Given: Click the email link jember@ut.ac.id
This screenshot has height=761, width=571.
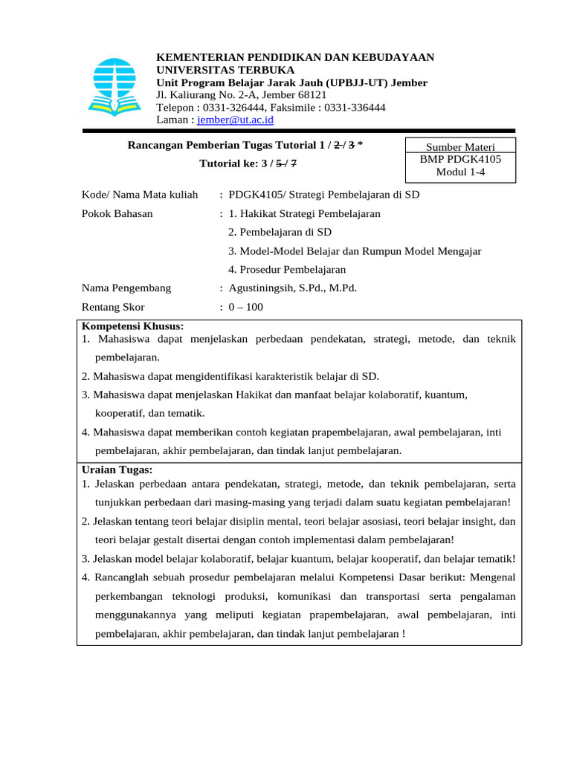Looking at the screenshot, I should (x=236, y=119).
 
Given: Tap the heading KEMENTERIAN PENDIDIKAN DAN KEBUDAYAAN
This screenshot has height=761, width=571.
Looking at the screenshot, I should (x=295, y=58).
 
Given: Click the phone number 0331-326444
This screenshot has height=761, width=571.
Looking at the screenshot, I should (x=242, y=107).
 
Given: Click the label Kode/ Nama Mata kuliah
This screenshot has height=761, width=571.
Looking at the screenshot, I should (x=140, y=195).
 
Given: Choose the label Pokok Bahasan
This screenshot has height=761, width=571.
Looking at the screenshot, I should (x=117, y=213).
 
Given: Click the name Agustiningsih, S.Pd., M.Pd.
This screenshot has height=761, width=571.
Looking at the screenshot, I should (x=293, y=288).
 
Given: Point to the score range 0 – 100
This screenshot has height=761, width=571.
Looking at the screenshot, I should (x=246, y=307).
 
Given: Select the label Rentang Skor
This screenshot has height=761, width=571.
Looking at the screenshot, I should (x=113, y=307).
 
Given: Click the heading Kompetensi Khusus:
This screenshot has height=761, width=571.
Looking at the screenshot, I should (x=132, y=326).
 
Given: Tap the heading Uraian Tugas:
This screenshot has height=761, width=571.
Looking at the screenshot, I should (x=117, y=470).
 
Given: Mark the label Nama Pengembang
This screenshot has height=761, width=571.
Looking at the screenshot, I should (x=126, y=288).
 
